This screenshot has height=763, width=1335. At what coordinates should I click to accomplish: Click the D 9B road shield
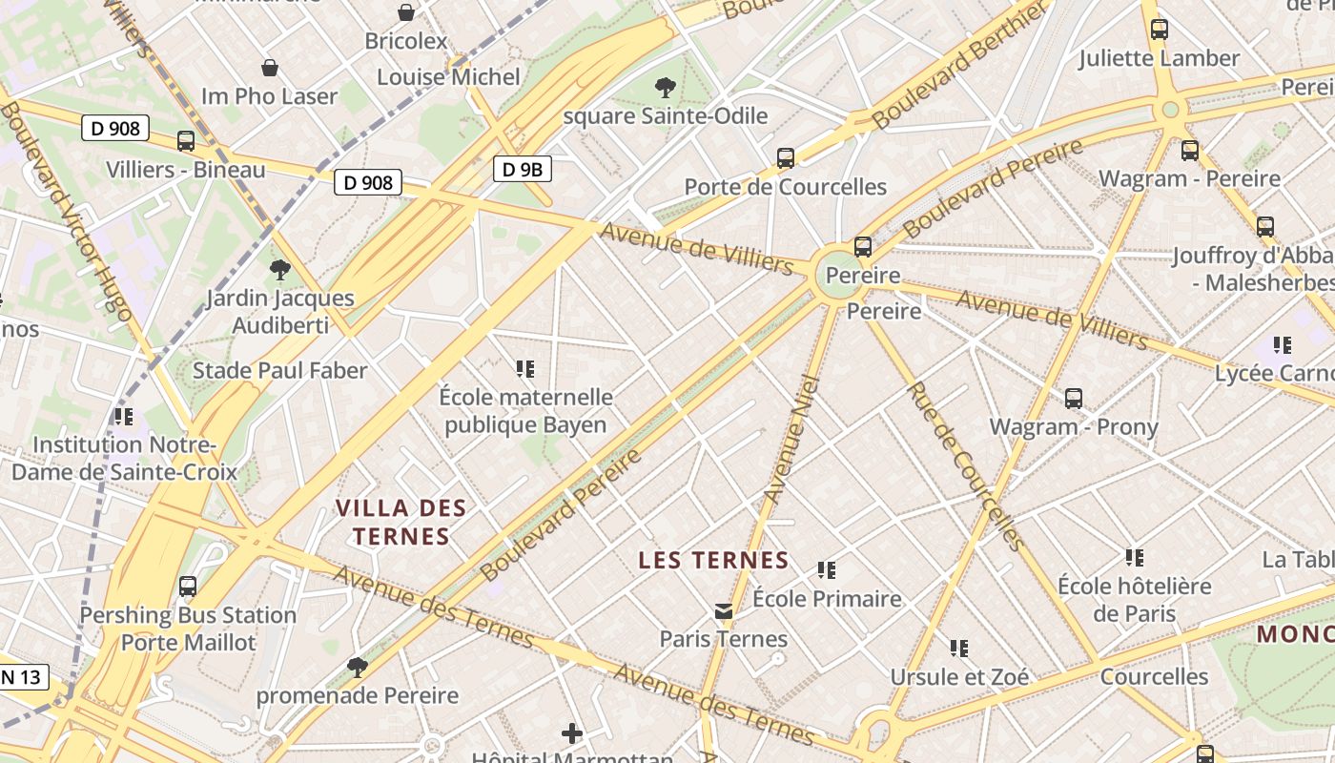click(523, 170)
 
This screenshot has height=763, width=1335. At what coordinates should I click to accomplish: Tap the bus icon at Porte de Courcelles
click(786, 158)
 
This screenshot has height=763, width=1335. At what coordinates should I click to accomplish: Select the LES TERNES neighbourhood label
click(713, 560)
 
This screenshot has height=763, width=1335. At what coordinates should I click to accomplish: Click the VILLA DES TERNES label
click(400, 522)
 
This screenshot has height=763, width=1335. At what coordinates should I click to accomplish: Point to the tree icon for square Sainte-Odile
click(666, 89)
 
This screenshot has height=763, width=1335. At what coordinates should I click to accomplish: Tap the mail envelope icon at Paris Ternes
click(724, 610)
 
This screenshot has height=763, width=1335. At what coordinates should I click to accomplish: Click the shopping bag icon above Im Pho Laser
click(270, 68)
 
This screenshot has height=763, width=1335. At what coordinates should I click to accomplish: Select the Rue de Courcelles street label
click(964, 466)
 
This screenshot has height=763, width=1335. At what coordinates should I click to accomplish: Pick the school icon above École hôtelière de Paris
click(1134, 557)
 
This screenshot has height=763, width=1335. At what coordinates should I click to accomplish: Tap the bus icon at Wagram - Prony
click(1074, 399)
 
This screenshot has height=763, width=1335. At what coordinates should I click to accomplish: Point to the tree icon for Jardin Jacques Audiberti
click(280, 270)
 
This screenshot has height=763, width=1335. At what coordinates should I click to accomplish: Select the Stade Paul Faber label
click(279, 370)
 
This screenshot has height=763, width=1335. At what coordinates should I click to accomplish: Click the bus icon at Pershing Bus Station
click(188, 587)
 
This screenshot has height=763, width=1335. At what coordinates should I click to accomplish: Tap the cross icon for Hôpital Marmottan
click(572, 732)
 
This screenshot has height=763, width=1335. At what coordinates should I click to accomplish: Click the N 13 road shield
click(21, 677)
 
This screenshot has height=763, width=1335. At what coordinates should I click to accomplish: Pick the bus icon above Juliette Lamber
click(1160, 30)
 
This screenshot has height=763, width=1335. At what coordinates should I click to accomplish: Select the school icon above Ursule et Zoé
click(959, 649)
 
